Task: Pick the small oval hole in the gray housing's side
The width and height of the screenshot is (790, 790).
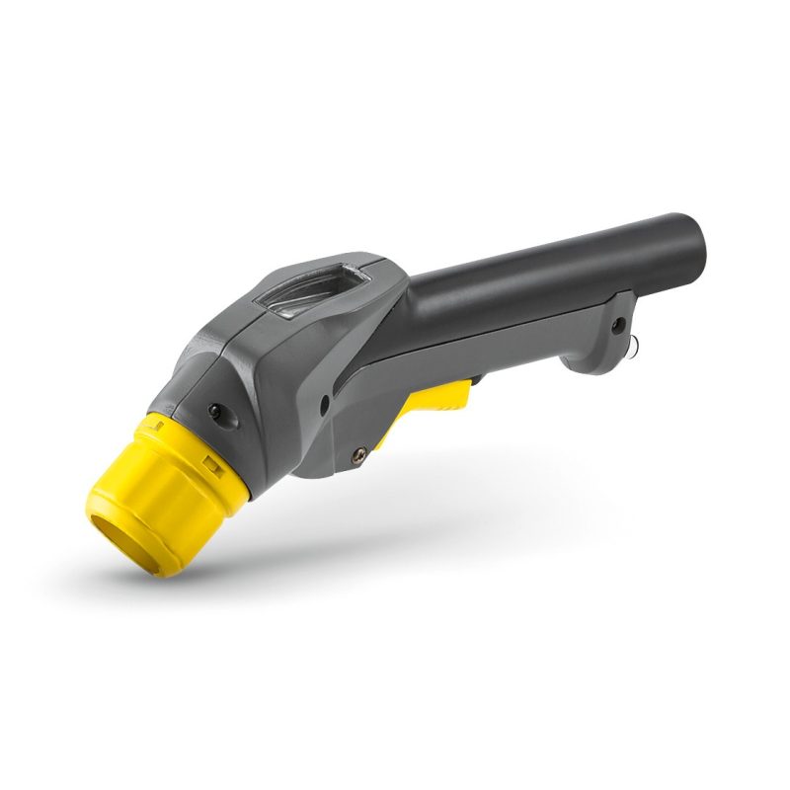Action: click(x=325, y=403)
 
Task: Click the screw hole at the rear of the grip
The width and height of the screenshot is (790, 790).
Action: click(x=618, y=324)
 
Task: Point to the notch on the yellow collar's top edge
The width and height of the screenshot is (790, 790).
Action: click(x=155, y=422)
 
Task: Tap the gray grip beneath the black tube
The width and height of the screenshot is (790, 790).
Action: click(x=513, y=341)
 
